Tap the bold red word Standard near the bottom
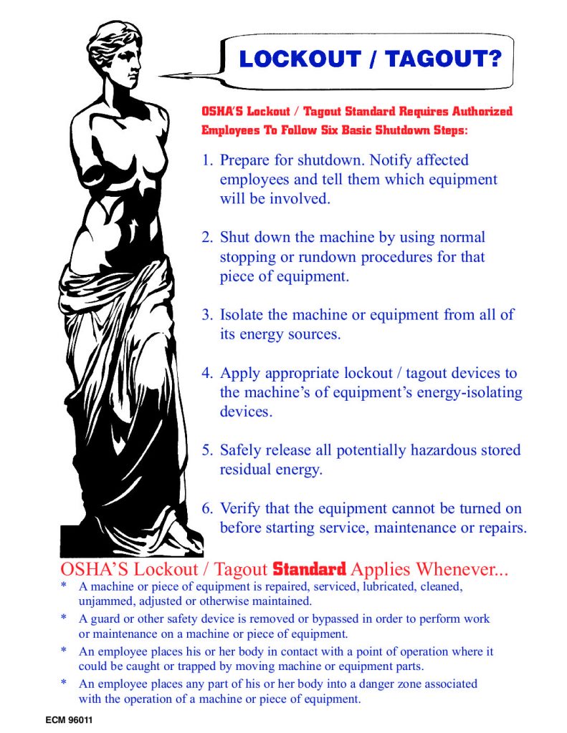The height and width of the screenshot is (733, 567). click(x=310, y=571)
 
